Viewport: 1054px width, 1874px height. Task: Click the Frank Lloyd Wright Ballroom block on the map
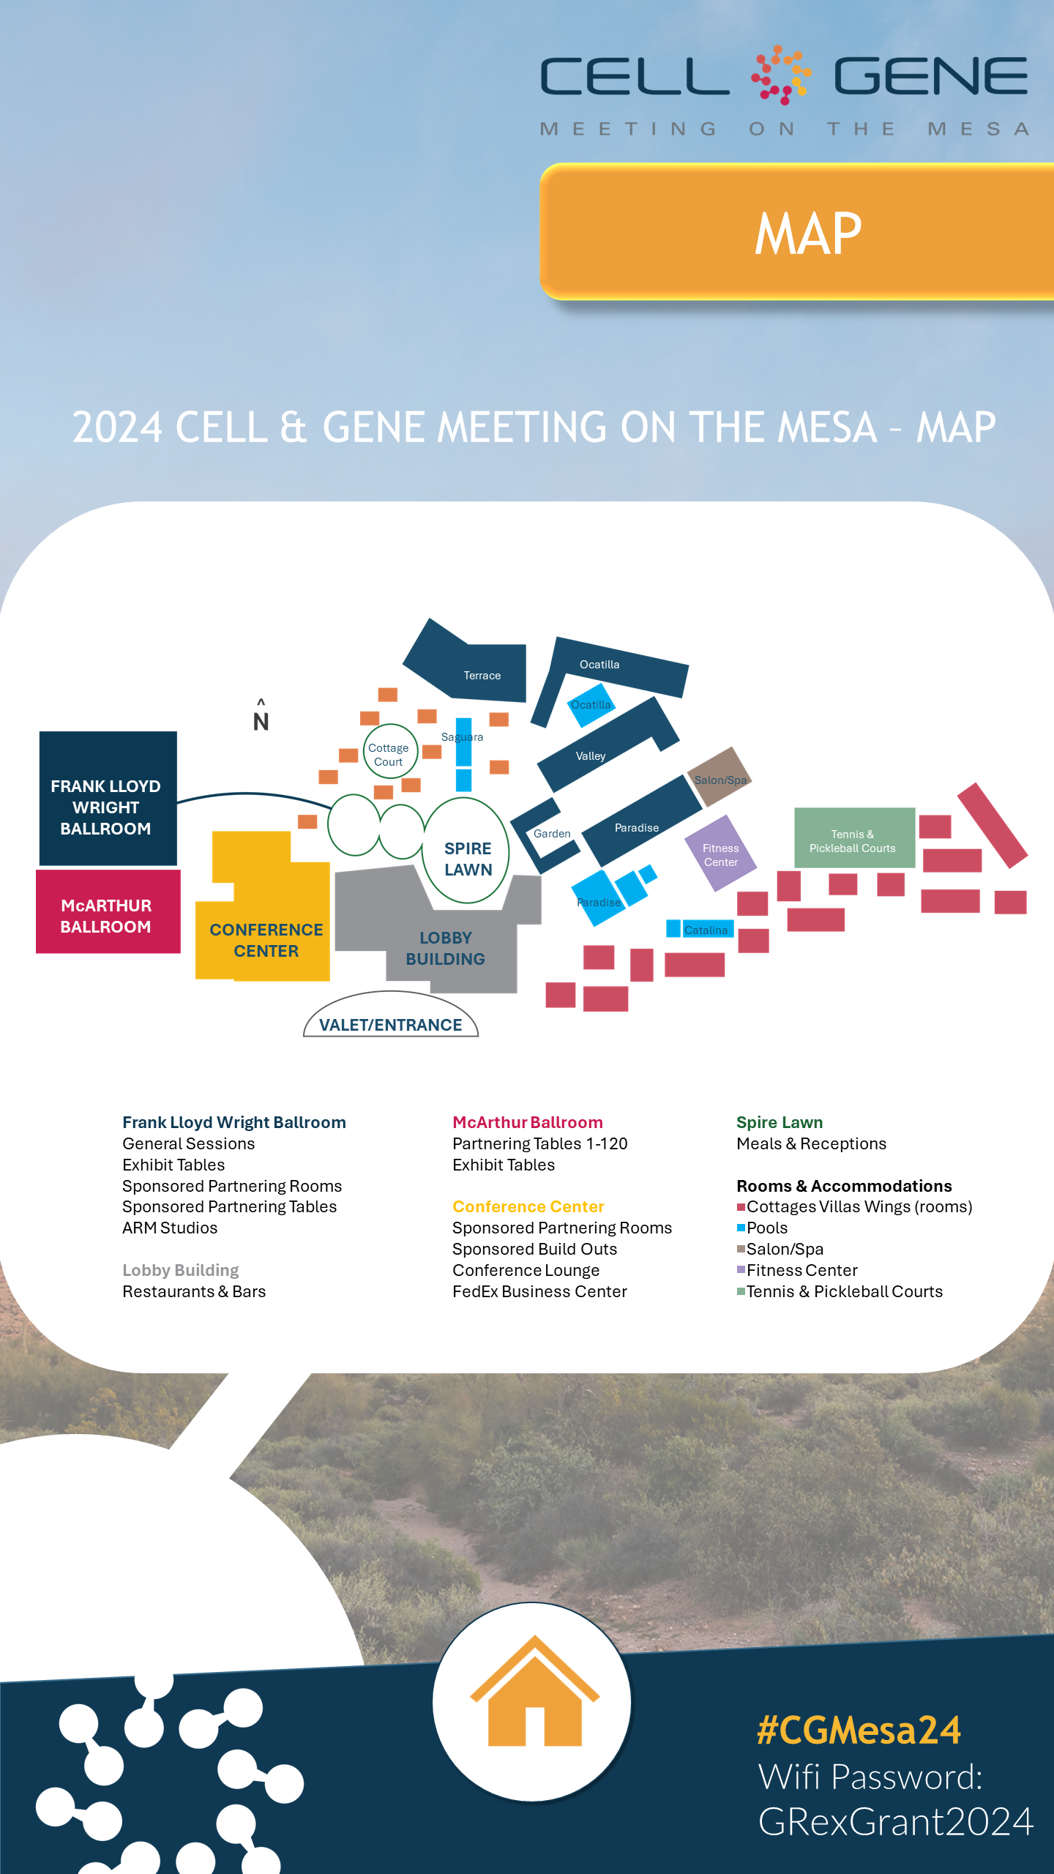tap(107, 799)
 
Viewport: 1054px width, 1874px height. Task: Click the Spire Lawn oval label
tap(468, 858)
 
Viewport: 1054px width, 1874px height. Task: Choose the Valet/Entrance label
tap(390, 1024)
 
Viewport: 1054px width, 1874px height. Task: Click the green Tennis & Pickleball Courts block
tap(853, 840)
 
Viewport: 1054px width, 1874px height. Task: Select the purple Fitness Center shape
tap(720, 854)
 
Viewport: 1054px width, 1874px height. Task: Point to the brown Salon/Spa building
tap(720, 777)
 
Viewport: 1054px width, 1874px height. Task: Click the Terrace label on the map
tap(482, 675)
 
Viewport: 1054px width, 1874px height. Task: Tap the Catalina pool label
tap(706, 930)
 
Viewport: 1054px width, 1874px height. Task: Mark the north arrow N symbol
tap(261, 717)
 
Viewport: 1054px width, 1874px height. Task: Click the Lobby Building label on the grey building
tap(445, 948)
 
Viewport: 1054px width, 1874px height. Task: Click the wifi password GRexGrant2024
tap(894, 1821)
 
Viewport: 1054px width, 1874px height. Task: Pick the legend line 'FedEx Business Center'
tap(539, 1291)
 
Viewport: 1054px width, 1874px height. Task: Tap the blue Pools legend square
tap(741, 1228)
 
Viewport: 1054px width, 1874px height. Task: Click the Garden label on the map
tap(552, 833)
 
